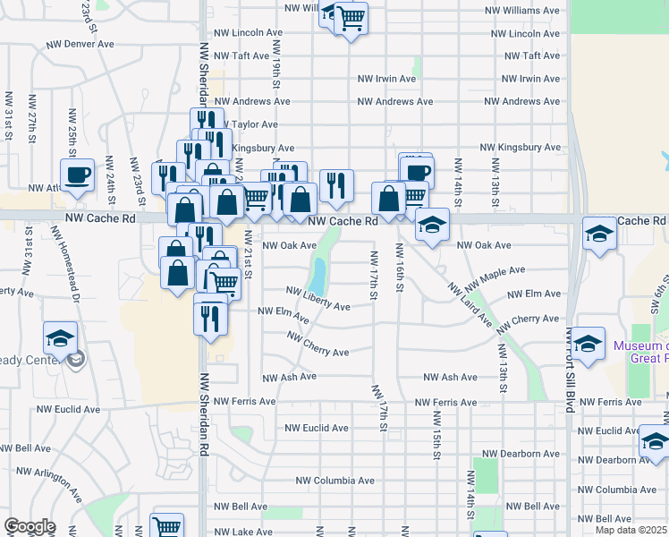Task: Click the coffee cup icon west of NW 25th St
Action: point(77,175)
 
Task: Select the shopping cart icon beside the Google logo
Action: point(166,527)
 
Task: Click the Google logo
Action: point(30,526)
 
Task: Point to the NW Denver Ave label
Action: point(81,44)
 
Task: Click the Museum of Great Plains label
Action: point(639,352)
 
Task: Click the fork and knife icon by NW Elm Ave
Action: point(210,318)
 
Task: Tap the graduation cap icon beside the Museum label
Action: point(588,344)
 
